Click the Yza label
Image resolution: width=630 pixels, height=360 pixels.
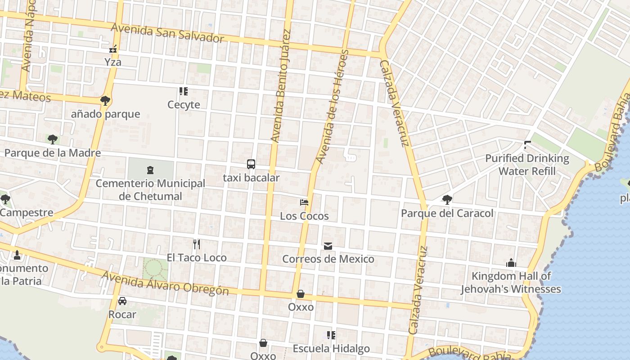coord(113,62)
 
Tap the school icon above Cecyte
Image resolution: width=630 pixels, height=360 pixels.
coord(183,91)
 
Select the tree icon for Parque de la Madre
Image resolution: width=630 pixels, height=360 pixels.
coord(53,139)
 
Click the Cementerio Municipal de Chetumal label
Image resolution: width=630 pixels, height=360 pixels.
coord(150,190)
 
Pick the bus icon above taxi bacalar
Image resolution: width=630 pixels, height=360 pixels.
coord(251,164)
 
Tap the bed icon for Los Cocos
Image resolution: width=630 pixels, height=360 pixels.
coord(304,202)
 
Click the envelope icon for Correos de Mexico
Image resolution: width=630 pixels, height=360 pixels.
coord(328,246)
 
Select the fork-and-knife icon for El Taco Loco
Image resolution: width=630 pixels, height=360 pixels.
coord(196,244)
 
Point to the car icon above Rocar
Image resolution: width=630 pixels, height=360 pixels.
coord(122,301)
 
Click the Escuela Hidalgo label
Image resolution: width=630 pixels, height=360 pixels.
coord(331,348)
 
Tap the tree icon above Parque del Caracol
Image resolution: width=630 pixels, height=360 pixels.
coord(447,200)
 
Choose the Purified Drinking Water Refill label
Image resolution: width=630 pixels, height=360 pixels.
coord(527,165)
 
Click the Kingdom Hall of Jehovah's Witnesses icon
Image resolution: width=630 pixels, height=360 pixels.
coord(511,263)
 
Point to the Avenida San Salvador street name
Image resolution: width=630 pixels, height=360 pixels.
coord(167,33)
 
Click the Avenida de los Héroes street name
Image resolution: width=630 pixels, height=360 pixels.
coord(332,107)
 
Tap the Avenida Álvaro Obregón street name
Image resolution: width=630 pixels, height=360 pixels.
coord(165,283)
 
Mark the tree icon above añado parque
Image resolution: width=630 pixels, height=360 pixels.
coord(105,100)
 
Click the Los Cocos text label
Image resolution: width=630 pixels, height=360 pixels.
coord(304,216)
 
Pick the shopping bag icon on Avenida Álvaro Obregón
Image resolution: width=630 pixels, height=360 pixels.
coord(301,294)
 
